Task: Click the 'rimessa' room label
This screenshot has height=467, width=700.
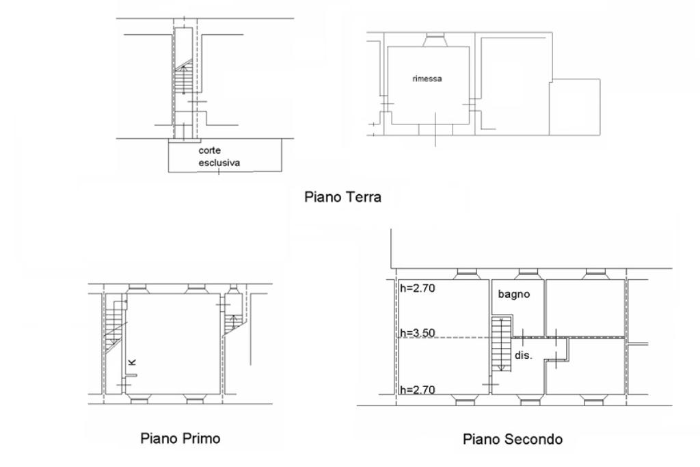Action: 427,79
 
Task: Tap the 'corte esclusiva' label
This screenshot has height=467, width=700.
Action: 219,156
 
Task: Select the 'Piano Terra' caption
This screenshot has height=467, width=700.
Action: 342,197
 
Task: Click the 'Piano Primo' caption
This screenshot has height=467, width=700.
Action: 180,438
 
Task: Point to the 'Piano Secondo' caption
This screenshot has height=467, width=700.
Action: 513,439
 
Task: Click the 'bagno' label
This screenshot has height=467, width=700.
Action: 513,295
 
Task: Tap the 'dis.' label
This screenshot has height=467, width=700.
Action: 523,356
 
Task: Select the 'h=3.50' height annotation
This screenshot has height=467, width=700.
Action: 418,334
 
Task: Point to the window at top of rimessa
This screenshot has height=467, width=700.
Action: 433,41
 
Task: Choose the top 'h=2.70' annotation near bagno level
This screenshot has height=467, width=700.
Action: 418,288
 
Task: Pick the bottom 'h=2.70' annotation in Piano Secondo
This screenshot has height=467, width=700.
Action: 418,390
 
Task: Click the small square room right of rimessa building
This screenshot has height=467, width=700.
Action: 575,106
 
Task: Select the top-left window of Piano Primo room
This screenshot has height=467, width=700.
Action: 135,288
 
